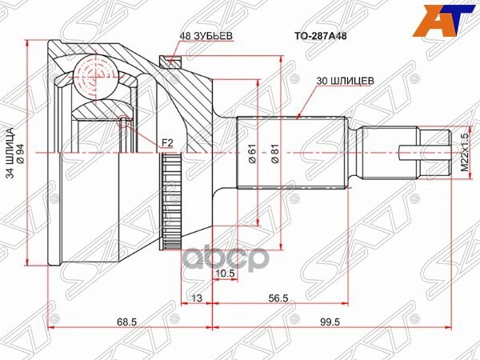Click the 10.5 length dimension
[x=225, y=274]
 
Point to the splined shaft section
[x=292, y=151]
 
